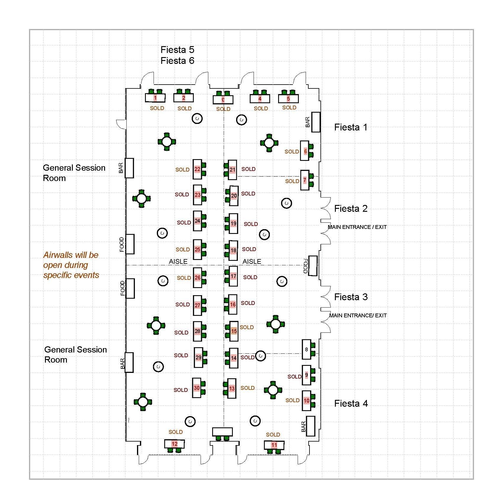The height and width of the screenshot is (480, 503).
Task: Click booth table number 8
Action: (x=307, y=349)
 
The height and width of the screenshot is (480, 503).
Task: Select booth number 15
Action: (x=234, y=331)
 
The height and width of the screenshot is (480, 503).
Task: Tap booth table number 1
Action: (x=155, y=98)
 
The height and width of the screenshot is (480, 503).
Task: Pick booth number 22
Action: (x=197, y=169)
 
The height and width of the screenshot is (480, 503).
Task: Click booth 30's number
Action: (x=197, y=388)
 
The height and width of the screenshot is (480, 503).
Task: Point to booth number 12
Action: (x=175, y=444)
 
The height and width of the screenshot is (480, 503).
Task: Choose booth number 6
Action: (x=305, y=151)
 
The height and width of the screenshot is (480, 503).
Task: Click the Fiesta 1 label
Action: (x=351, y=127)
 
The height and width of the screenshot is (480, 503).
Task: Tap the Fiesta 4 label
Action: (x=351, y=403)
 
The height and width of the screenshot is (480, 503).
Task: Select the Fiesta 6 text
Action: (x=177, y=61)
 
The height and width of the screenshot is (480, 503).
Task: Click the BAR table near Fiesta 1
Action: (x=316, y=122)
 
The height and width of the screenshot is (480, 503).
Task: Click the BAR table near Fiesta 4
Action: (x=310, y=426)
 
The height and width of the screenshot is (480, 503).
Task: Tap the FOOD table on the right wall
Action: (x=313, y=266)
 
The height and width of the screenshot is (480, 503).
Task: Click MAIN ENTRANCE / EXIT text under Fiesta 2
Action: (x=357, y=227)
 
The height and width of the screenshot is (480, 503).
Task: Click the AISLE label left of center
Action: (x=178, y=261)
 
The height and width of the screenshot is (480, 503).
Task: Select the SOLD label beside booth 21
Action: (x=248, y=169)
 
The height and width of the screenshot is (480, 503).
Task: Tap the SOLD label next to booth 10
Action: (x=292, y=400)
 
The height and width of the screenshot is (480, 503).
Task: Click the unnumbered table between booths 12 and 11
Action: (x=223, y=432)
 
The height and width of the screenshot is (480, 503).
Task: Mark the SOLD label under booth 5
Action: (x=289, y=108)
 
